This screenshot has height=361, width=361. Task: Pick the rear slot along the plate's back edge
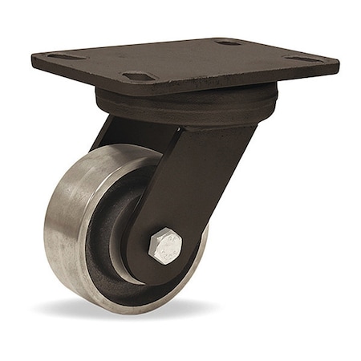click(229, 42)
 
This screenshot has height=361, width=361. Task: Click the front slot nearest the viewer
click(137, 76)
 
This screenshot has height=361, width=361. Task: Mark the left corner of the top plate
click(34, 59)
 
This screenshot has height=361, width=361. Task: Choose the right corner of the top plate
click(337, 64)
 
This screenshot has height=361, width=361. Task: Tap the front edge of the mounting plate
click(96, 80)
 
